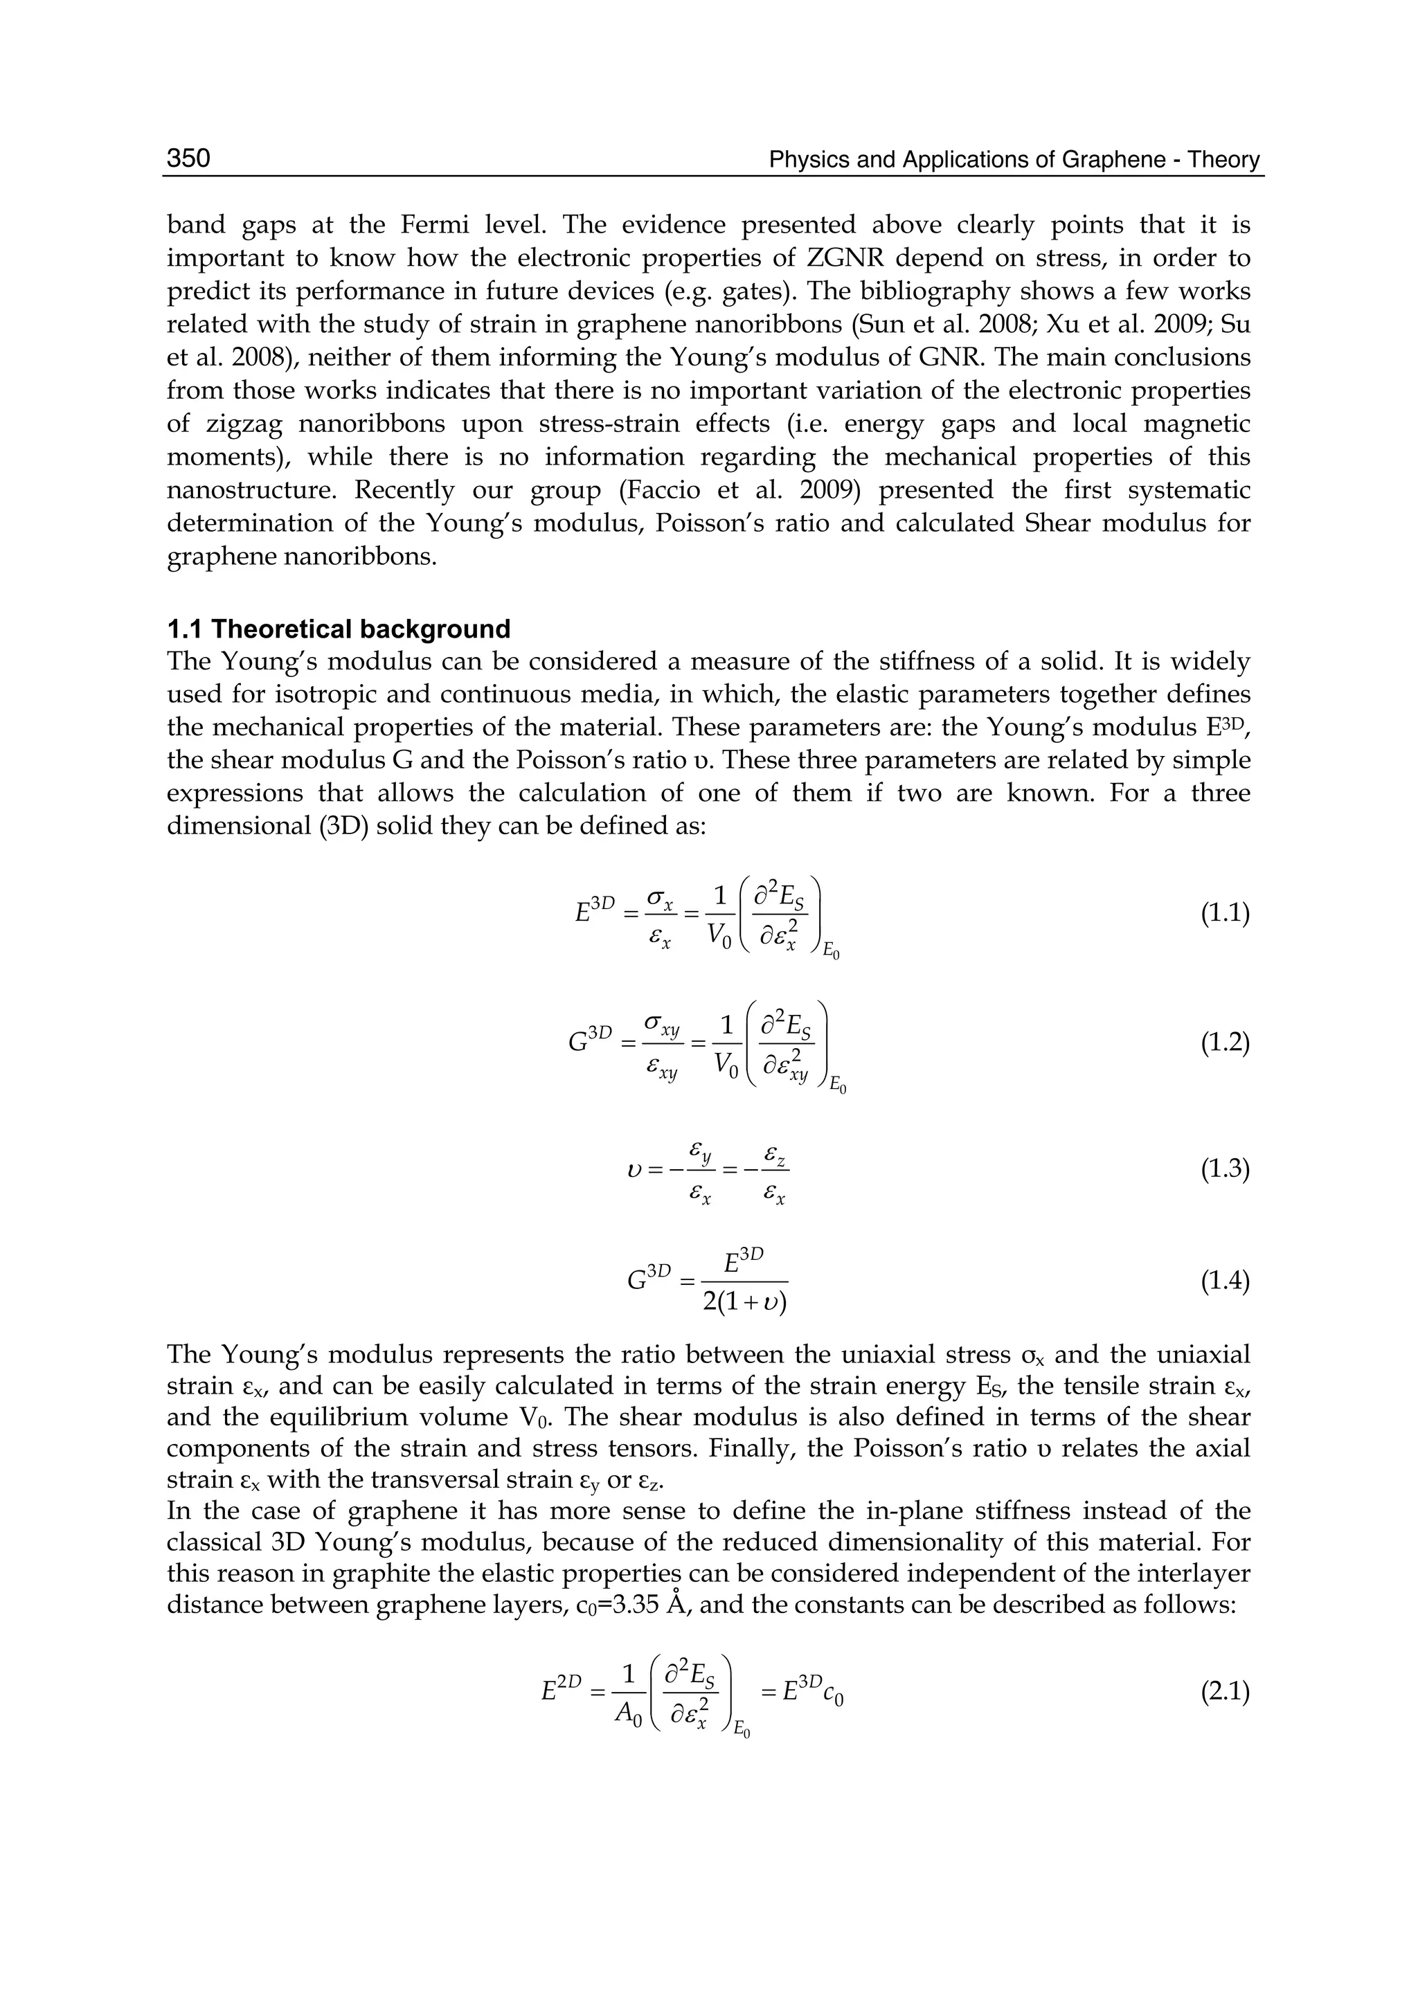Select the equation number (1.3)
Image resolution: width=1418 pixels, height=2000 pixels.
pos(1225,1169)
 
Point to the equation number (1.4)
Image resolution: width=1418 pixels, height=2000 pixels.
pos(1225,1281)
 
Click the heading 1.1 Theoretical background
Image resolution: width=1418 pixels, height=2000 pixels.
pos(338,629)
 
